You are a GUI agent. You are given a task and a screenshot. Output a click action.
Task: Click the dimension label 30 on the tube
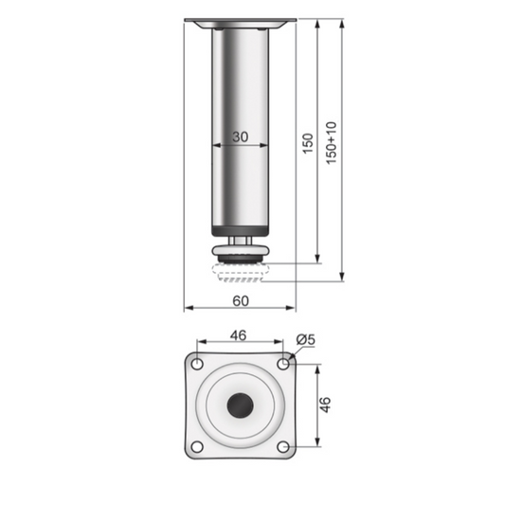point(240,137)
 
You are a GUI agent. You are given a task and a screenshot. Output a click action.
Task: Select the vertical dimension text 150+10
point(331,143)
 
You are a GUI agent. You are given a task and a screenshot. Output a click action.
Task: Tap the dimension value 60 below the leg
point(240,300)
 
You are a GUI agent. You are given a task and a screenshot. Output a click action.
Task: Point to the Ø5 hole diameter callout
point(305,339)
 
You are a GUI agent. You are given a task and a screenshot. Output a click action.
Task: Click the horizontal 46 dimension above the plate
point(240,335)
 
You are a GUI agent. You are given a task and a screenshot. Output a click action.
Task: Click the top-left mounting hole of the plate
point(197,363)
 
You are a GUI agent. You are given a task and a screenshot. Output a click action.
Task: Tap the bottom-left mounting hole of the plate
point(197,447)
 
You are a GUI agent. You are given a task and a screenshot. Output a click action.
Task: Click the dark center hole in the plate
point(240,406)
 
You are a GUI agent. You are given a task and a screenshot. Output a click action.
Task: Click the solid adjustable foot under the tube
point(240,254)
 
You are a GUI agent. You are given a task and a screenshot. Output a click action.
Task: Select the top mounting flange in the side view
point(240,21)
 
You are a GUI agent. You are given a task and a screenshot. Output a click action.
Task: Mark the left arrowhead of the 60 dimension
point(187,309)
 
